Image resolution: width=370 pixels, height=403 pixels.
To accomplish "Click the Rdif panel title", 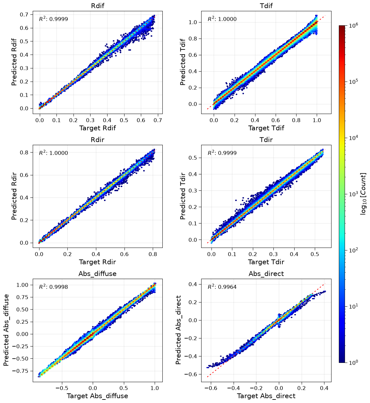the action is click(x=98, y=6).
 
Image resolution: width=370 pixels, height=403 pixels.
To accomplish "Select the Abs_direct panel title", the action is click(x=266, y=274).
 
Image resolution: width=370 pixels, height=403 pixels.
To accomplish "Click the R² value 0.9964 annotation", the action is click(x=222, y=286).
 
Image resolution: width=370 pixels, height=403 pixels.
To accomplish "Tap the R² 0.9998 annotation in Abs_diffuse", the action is click(x=53, y=286).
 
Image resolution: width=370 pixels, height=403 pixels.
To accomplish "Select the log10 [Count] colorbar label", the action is click(x=363, y=194).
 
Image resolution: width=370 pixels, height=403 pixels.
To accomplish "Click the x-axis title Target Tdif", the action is click(x=266, y=128).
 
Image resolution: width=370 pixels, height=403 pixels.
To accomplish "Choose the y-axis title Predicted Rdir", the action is click(x=14, y=196).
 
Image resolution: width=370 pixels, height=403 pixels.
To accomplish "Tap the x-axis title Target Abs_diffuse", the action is click(x=97, y=396).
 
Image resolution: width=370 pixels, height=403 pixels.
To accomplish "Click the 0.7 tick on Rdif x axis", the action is click(x=158, y=120).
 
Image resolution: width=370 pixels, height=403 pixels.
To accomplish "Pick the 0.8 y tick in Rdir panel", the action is click(x=24, y=152).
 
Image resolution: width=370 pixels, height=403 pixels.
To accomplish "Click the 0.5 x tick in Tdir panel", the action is click(x=315, y=254).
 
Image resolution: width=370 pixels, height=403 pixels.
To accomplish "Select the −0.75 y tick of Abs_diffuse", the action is click(x=20, y=371).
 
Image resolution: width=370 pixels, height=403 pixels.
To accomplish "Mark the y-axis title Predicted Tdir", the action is click(x=183, y=196).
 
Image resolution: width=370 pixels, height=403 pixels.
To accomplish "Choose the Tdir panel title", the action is click(x=266, y=140).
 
